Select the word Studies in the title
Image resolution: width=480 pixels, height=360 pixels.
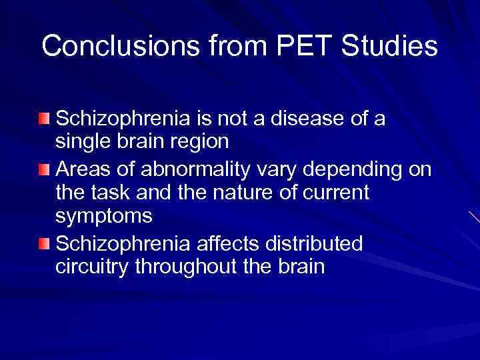389,46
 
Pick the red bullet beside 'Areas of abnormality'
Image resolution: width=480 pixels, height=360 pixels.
44,171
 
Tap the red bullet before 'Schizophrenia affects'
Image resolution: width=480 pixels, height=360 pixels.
44,245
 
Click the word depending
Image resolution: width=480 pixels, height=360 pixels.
352,171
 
